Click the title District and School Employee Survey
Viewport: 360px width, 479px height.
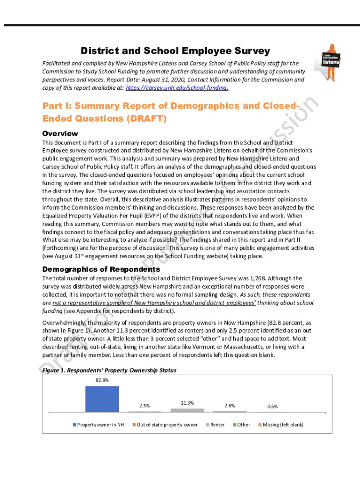pyautogui.click(x=175, y=51)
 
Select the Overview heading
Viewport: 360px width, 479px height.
pyautogui.click(x=60, y=133)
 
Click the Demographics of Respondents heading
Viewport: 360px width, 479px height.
pyautogui.click(x=101, y=269)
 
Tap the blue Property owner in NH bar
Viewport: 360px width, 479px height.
pyautogui.click(x=102, y=399)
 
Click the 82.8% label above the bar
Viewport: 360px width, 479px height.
pyautogui.click(x=102, y=380)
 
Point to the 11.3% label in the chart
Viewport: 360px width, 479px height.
pyautogui.click(x=187, y=403)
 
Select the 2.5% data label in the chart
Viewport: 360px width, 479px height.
pyautogui.click(x=144, y=406)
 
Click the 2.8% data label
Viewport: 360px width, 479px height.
pyautogui.click(x=230, y=406)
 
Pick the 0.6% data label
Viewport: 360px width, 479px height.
pyautogui.click(x=272, y=406)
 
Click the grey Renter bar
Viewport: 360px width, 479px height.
pyautogui.click(x=187, y=410)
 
